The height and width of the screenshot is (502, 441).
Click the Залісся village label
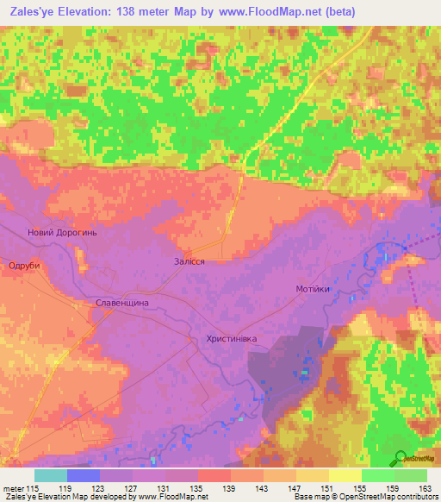[189, 260]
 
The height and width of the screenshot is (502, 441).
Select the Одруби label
[24, 266]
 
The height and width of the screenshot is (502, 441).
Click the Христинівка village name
[232, 339]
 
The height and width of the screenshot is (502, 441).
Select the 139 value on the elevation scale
[230, 487]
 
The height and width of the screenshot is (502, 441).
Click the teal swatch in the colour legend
[51, 475]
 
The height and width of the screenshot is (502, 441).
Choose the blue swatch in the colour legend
[84, 475]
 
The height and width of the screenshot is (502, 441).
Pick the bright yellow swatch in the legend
[345, 475]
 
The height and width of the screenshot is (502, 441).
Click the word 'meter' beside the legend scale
[12, 487]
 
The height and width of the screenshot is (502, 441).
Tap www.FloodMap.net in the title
[268, 11]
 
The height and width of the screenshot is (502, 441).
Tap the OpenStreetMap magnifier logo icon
[399, 458]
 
